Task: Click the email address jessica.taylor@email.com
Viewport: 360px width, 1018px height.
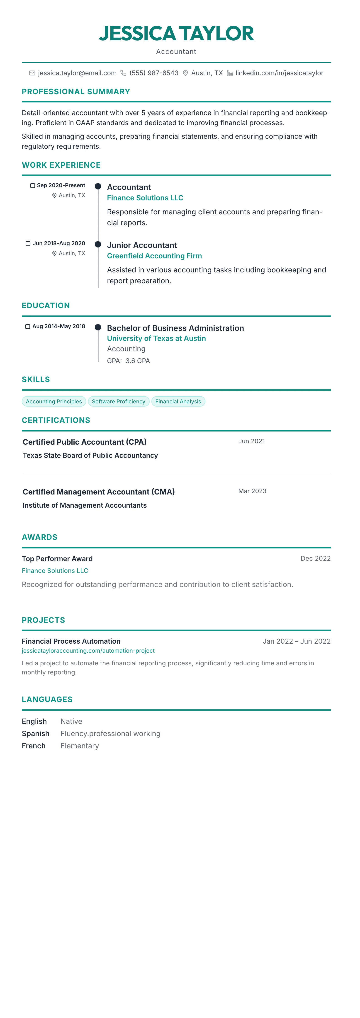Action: pyautogui.click(x=77, y=73)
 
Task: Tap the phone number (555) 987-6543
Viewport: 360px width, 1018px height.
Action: pyautogui.click(x=154, y=73)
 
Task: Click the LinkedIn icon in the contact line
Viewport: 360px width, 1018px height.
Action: pyautogui.click(x=230, y=73)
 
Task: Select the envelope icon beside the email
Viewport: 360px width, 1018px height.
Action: pyautogui.click(x=32, y=73)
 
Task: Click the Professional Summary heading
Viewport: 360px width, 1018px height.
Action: pyautogui.click(x=76, y=92)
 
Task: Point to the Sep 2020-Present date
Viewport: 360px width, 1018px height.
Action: pyautogui.click(x=61, y=185)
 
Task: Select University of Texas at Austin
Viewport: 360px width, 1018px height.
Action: pyautogui.click(x=156, y=338)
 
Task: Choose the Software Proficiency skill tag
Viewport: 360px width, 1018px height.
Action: pyautogui.click(x=119, y=402)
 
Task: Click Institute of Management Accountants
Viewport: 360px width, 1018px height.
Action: pyautogui.click(x=85, y=505)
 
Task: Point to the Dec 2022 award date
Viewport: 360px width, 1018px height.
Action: pyautogui.click(x=315, y=558)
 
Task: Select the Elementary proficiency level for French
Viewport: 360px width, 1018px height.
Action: pyautogui.click(x=79, y=746)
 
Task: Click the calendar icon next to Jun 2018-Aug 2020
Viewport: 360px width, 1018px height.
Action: pyautogui.click(x=28, y=243)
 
